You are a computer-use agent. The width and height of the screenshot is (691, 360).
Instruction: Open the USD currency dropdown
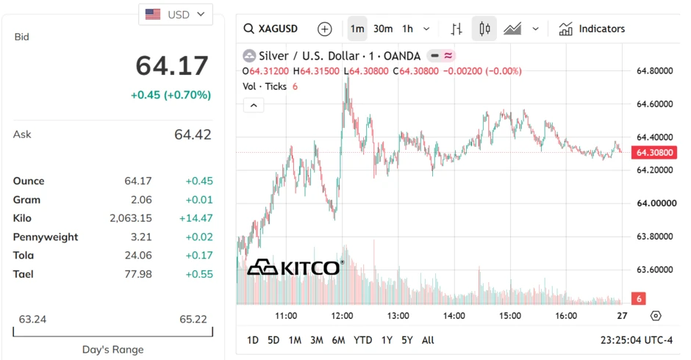[176, 15]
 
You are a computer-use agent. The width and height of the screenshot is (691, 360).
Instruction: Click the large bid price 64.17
[172, 65]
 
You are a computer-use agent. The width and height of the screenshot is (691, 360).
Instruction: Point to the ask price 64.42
[193, 134]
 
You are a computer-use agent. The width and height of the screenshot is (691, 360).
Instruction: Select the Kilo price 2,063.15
[130, 218]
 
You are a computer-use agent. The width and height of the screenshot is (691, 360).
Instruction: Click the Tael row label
[24, 274]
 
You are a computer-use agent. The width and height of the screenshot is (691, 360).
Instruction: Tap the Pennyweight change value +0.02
[199, 237]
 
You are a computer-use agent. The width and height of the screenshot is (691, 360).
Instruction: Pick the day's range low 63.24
[32, 319]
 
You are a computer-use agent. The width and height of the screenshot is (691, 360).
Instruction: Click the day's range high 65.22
[193, 319]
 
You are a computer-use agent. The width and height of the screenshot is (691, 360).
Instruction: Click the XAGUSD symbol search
[271, 29]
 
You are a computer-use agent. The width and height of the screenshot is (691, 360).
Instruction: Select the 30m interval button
[383, 29]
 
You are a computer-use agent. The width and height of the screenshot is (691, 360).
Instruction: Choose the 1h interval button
[408, 29]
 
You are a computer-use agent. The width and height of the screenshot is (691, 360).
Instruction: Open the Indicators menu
[592, 29]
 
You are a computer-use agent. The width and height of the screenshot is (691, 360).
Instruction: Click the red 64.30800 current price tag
[654, 153]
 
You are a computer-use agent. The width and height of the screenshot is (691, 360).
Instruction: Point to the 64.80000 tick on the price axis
[654, 71]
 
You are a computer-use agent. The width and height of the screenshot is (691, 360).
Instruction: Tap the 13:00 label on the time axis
[398, 316]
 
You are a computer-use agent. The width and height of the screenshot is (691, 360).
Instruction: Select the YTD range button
[362, 340]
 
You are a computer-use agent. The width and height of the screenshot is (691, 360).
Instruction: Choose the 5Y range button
[407, 340]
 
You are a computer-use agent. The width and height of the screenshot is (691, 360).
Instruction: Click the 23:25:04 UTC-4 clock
[637, 340]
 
